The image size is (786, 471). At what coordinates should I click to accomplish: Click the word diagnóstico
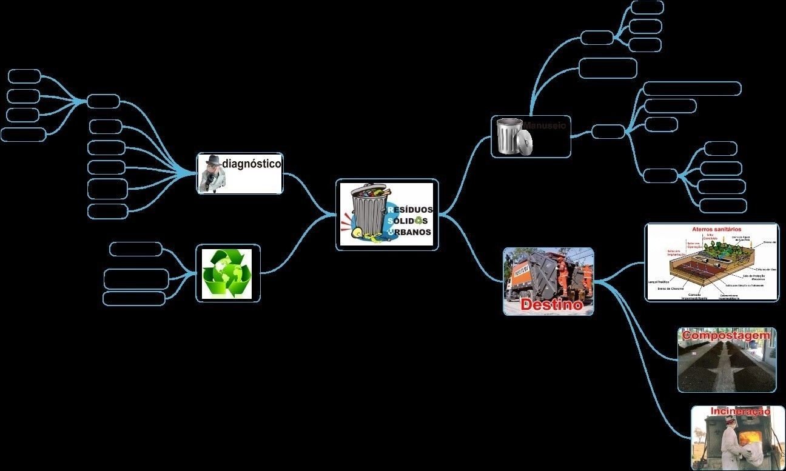tap(252, 163)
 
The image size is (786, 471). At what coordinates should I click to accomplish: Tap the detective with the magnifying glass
tap(213, 173)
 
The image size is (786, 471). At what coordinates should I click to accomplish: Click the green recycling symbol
tap(227, 273)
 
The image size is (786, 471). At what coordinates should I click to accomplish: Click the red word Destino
tap(551, 304)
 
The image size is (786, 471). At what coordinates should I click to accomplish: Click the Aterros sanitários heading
tap(716, 230)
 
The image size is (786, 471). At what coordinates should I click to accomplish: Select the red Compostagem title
tap(726, 335)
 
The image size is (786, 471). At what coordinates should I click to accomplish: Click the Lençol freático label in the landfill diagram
tap(659, 282)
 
